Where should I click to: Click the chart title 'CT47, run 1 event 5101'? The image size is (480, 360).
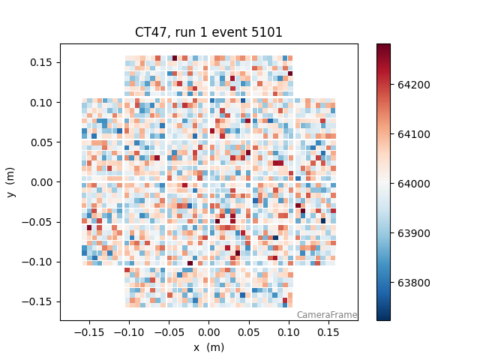tap(208, 32)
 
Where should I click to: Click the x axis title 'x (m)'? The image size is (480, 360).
tap(208, 347)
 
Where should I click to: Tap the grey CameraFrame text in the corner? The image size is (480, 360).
tap(326, 315)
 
